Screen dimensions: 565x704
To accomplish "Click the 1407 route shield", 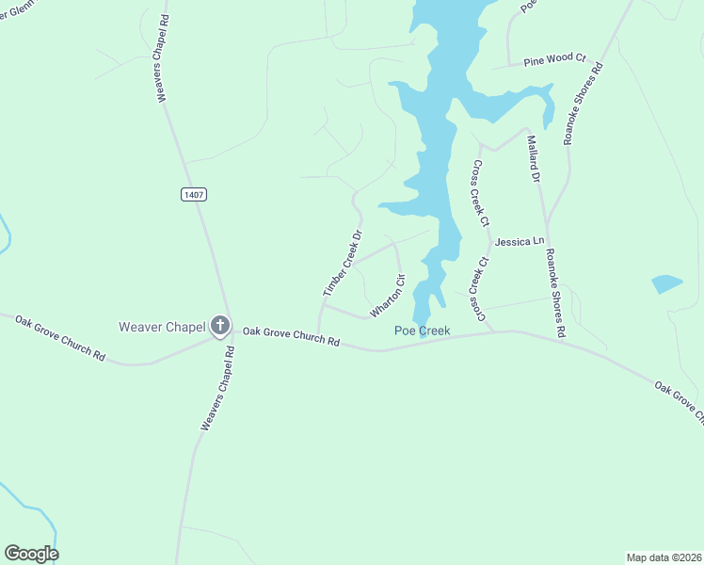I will (193, 194).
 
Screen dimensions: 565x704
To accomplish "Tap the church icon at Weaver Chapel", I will (220, 327).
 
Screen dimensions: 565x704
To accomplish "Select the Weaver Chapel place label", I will (162, 327).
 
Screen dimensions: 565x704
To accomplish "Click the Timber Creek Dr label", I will (343, 265).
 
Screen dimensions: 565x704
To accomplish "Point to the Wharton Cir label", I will (387, 295).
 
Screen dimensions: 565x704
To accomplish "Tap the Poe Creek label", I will (422, 331).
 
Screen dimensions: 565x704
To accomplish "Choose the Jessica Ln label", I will (520, 242).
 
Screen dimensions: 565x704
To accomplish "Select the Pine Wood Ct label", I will (554, 58).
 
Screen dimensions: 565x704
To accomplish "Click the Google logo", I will (31, 554).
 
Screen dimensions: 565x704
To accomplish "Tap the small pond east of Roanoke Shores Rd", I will (666, 283).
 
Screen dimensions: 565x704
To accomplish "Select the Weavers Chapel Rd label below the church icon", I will (216, 388).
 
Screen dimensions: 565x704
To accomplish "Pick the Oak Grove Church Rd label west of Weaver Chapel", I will (59, 337).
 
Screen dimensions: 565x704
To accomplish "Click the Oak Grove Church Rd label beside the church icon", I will (291, 336).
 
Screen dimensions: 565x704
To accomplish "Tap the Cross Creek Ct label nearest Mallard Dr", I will (480, 193).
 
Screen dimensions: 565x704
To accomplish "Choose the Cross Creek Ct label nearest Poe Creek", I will (479, 289).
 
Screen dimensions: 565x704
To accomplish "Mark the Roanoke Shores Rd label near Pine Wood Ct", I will (584, 103).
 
